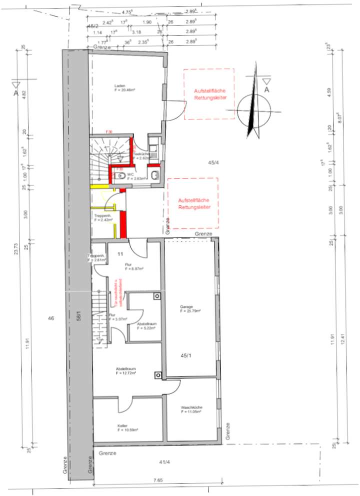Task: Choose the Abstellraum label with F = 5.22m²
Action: pos(146,325)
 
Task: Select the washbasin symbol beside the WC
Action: pos(154,174)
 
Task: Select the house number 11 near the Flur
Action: pos(120,254)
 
